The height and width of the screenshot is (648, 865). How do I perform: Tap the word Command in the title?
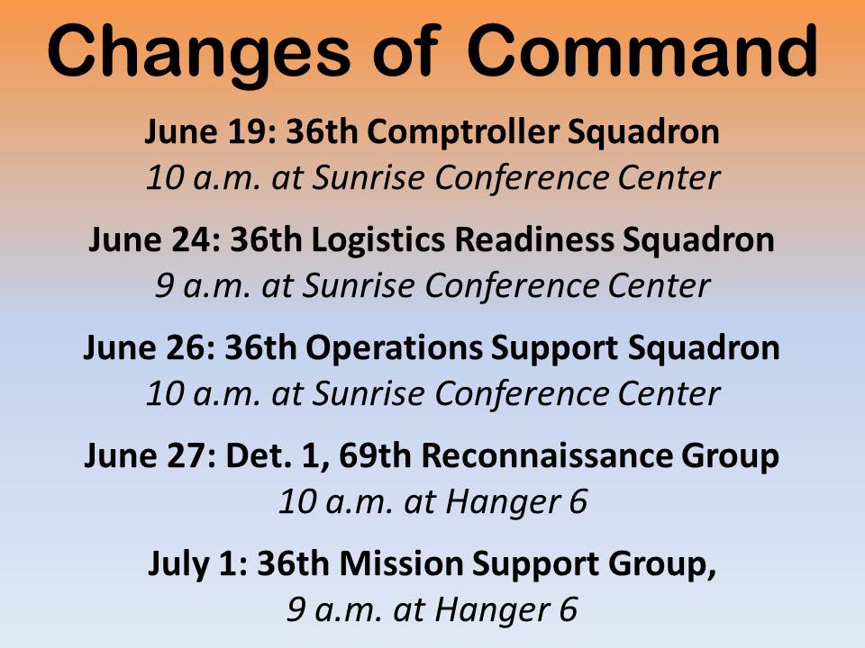coord(642,52)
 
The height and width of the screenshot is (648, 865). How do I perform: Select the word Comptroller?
coord(462,133)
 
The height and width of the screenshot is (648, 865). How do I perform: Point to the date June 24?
coord(154,241)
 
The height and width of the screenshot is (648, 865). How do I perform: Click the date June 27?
coord(150,457)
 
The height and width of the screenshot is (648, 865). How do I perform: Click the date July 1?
coord(197,565)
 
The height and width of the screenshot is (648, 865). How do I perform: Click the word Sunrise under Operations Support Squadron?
coord(355,394)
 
